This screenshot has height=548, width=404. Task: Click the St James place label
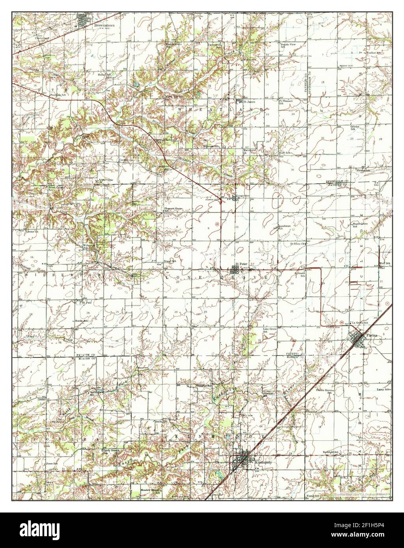[x=248, y=101]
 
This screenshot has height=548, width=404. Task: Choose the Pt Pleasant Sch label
[x=287, y=102]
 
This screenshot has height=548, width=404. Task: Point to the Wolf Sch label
[x=385, y=263]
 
